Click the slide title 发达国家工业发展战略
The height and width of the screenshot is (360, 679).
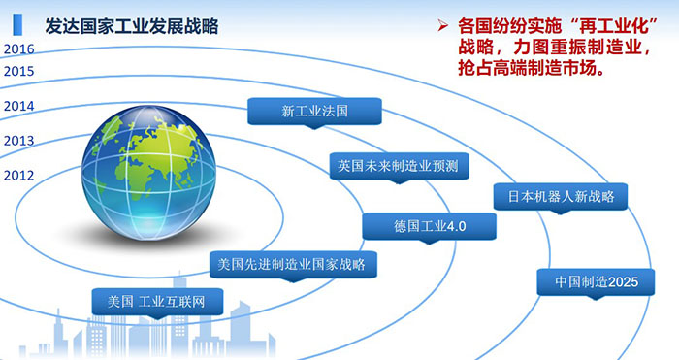(x=125, y=25)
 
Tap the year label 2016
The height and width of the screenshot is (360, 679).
(x=18, y=48)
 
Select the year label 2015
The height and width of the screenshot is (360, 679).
(x=18, y=70)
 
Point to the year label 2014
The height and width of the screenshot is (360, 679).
(x=18, y=106)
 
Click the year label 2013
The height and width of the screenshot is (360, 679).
(x=18, y=141)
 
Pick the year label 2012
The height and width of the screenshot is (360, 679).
(x=18, y=175)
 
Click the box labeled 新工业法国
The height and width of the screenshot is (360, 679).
(x=313, y=111)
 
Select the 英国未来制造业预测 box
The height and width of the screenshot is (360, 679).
(x=397, y=165)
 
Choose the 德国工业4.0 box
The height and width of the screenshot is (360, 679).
(x=430, y=226)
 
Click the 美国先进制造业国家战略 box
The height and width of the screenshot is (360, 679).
(x=293, y=263)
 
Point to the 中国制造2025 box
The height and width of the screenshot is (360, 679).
(x=592, y=282)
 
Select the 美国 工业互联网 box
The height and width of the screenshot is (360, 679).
(x=157, y=300)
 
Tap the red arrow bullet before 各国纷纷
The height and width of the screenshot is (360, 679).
(x=442, y=24)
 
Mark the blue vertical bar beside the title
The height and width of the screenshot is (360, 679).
(x=16, y=24)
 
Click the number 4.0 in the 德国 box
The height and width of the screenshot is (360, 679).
(x=456, y=226)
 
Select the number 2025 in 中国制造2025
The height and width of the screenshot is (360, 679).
(x=616, y=282)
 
